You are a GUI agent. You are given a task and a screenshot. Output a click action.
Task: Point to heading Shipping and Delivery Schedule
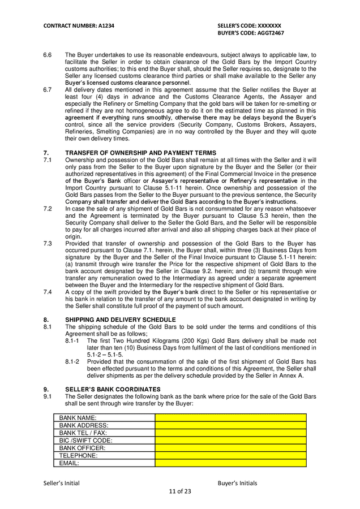(121, 320)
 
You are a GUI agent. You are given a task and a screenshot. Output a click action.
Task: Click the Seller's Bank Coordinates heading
(113, 389)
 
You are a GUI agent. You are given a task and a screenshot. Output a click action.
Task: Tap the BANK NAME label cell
(104, 418)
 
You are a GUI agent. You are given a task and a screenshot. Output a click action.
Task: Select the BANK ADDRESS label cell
(104, 425)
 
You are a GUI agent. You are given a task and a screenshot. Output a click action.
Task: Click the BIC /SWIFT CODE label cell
(104, 440)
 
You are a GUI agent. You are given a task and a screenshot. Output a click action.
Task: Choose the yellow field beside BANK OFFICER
(230, 448)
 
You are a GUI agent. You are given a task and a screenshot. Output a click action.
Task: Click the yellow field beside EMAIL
(230, 463)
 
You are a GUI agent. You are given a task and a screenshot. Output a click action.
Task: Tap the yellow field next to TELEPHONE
(230, 455)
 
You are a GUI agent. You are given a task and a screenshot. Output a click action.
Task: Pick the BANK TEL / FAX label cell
(104, 433)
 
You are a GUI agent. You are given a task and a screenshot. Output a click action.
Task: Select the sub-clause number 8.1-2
(72, 361)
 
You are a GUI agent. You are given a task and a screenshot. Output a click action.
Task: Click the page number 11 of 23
(180, 491)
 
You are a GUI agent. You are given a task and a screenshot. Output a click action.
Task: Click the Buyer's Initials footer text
(237, 483)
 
